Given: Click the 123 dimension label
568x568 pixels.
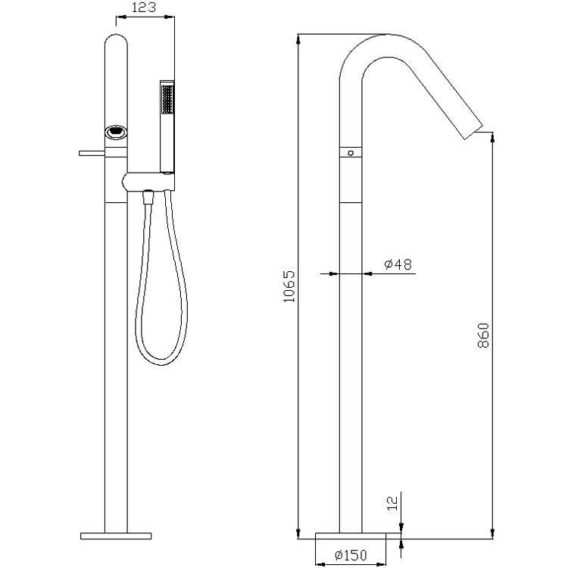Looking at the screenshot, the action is (143, 7).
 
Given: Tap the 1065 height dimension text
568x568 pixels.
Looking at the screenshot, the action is (289, 286).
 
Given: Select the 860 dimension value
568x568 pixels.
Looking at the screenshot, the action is (483, 335).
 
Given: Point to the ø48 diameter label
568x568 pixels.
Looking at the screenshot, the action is (398, 264).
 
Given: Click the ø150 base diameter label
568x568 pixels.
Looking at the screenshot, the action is (351, 554).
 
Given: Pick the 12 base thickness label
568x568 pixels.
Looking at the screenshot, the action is (392, 503).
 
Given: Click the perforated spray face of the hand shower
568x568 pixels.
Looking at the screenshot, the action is (167, 99).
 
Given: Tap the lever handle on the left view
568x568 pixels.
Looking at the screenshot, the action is (92, 153).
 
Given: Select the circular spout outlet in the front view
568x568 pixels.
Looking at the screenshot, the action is (116, 132).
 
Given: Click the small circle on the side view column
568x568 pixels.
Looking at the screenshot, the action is (351, 153).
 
